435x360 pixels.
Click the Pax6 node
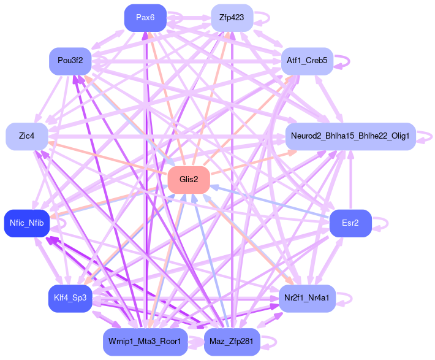tap(145, 17)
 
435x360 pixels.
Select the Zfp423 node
tap(232, 17)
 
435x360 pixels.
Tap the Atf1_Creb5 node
tap(307, 61)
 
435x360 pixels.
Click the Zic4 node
tap(26, 136)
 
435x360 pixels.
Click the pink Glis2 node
tap(189, 179)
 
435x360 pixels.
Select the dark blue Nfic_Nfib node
tap(26, 223)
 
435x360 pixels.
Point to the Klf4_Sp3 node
tap(70, 298)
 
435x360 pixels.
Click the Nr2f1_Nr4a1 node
tap(307, 298)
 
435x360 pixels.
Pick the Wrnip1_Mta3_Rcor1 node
tap(145, 342)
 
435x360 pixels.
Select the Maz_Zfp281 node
tap(232, 342)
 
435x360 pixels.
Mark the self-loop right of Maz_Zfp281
tap(270, 342)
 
